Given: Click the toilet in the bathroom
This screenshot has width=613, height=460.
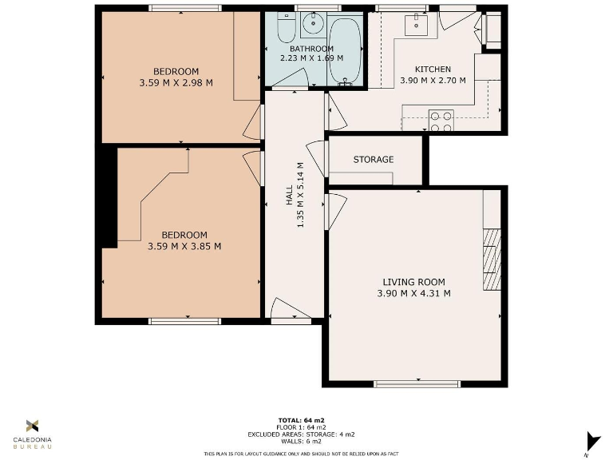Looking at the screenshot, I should (285, 30).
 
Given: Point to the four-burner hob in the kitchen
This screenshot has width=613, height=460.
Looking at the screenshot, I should (441, 121).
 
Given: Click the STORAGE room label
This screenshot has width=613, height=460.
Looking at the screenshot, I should (374, 160).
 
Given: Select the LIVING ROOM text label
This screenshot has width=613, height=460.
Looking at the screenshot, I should (413, 282).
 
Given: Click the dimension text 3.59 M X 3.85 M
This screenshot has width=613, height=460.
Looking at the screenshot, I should (184, 246).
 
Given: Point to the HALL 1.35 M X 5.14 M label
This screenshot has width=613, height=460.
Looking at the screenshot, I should (295, 194).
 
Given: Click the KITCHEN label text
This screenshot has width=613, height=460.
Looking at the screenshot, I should (433, 69).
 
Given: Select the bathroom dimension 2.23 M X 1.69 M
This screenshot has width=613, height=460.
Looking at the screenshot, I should (311, 57).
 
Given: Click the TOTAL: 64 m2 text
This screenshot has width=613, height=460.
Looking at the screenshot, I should (302, 420).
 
